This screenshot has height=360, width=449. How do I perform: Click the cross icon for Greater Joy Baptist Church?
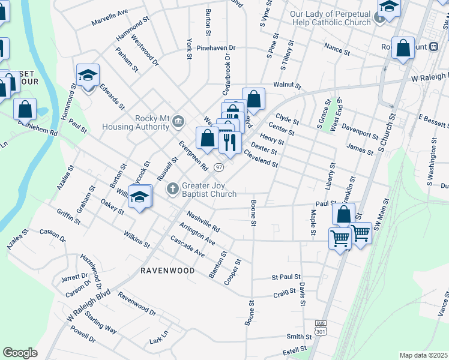172,190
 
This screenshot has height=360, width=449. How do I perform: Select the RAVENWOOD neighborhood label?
167,271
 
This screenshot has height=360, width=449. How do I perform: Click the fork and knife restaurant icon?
229,142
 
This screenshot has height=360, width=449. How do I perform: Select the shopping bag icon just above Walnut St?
254,99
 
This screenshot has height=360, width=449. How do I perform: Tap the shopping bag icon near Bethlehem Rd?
25,109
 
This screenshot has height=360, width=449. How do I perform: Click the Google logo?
20,353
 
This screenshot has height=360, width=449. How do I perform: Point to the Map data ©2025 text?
424,355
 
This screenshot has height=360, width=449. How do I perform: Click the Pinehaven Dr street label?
212,47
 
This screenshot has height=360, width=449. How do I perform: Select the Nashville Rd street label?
203,221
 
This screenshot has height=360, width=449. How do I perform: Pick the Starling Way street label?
101,322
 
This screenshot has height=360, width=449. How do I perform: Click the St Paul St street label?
286,277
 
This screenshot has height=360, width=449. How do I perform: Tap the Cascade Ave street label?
188,247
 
